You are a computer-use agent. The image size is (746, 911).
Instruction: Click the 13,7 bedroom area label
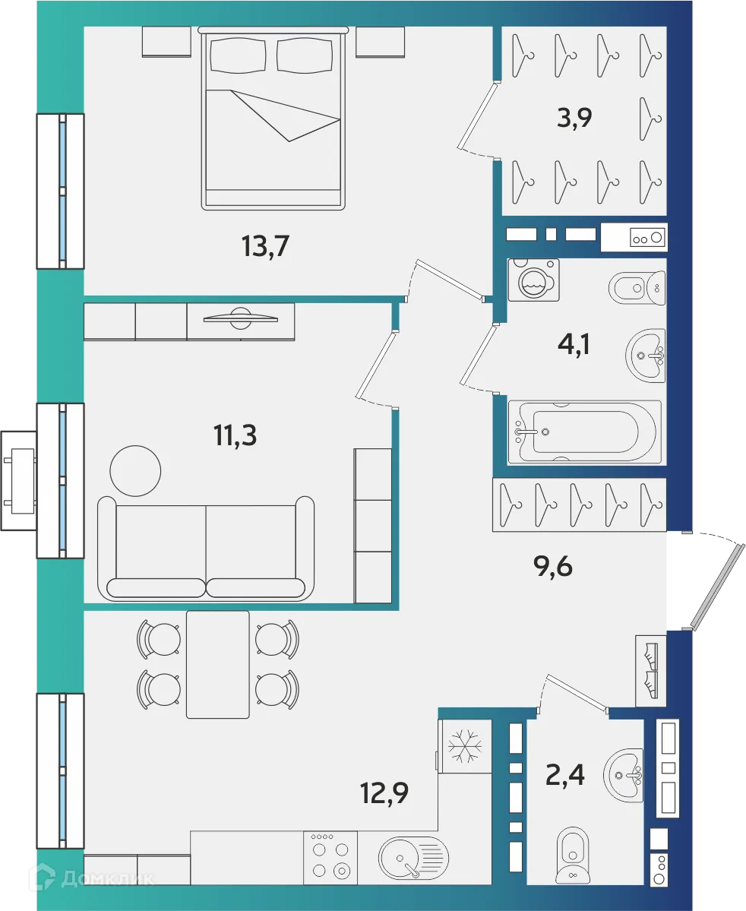tap(266, 247)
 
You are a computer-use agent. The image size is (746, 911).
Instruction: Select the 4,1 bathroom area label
tap(573, 345)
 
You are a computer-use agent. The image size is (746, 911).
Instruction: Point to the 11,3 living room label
tap(235, 436)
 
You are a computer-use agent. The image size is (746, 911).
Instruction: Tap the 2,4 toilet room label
tap(565, 777)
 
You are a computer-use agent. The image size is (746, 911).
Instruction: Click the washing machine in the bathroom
tap(534, 280)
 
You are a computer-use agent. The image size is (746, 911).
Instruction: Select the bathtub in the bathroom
tap(583, 432)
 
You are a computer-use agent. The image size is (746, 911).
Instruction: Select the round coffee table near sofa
tap(135, 471)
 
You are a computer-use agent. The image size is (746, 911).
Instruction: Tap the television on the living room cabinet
tap(240, 318)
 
